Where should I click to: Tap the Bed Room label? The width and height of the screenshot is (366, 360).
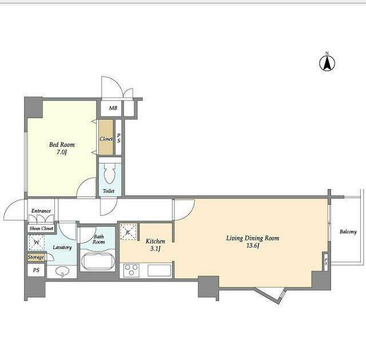(62, 145)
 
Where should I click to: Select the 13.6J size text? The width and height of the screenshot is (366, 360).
(253, 246)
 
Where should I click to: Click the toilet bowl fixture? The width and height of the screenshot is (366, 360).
(110, 173)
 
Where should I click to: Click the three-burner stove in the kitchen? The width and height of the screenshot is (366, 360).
(132, 270)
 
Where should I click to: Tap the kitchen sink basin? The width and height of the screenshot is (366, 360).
(160, 270)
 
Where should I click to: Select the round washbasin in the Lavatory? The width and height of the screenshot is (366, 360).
(62, 271)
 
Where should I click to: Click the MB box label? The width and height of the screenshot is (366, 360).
(113, 108)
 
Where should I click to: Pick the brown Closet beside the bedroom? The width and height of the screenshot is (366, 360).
(106, 137)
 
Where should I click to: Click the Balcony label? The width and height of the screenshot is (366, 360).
(348, 232)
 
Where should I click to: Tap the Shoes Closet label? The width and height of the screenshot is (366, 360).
(41, 229)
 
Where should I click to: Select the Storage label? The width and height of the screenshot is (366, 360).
(35, 257)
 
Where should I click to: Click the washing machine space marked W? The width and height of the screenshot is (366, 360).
(37, 242)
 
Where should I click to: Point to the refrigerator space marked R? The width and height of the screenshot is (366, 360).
(128, 232)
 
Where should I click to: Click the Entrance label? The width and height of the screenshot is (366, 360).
(41, 211)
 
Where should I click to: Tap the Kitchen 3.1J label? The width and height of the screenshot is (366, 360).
(155, 245)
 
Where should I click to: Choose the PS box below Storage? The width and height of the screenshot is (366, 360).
(36, 270)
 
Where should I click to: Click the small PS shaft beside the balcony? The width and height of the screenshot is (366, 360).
(326, 262)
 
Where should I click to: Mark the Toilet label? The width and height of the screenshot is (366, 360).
(109, 191)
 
